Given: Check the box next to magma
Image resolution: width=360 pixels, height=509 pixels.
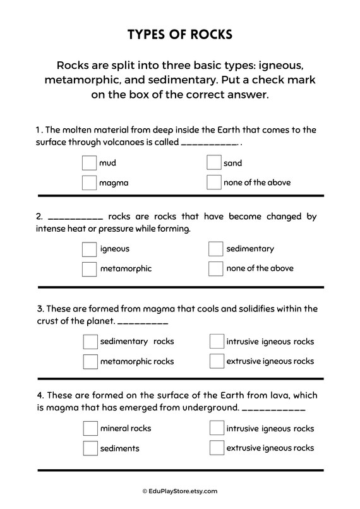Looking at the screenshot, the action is tap(89, 183).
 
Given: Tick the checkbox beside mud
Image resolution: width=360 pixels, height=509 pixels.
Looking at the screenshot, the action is tap(89, 163).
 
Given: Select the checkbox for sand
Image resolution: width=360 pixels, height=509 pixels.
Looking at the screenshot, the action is tap(213, 163).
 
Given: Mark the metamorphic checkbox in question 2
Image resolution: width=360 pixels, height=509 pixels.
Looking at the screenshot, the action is tap(89, 268).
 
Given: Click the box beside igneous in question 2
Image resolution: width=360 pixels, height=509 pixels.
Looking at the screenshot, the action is tap(89, 249).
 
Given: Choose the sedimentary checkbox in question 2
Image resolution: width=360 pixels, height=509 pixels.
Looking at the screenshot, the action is tap(215, 249).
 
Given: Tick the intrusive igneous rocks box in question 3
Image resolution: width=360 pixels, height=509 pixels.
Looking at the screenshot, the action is tap(217, 342).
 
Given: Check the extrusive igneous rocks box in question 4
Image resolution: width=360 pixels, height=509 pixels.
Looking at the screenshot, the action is tap(217, 448).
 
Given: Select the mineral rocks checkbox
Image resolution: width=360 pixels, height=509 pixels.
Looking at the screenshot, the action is tap(90, 428).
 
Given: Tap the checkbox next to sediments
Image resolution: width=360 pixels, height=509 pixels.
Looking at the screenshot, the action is tap(90, 448).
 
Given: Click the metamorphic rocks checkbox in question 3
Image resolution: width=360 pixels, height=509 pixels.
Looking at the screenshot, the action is tap(90, 361).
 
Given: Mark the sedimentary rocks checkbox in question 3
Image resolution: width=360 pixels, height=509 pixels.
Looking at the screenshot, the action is tap(90, 342).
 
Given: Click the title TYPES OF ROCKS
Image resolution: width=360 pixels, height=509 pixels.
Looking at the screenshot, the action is tap(180, 34).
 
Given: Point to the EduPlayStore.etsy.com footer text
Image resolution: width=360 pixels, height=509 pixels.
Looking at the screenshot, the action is tap(180, 491).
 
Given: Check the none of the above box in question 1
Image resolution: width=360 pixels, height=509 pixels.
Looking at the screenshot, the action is tap(213, 183).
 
